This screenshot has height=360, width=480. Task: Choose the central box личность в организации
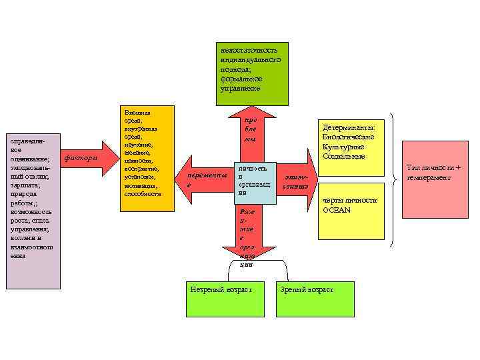pos(253,179)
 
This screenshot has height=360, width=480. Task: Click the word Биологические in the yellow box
pos(349,137)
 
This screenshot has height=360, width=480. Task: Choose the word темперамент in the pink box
pos(435,178)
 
